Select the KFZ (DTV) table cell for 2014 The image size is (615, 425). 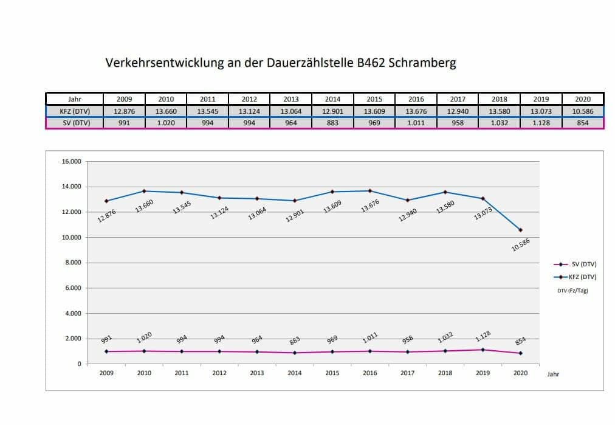(332, 111)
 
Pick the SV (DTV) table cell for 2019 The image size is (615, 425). (541, 123)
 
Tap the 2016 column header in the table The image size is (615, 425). (416, 99)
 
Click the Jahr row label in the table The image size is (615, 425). (75, 99)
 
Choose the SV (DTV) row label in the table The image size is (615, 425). (75, 123)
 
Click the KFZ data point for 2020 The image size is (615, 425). (520, 230)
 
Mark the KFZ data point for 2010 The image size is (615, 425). (144, 191)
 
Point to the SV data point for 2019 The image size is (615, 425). (483, 350)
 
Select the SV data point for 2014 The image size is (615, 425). (295, 353)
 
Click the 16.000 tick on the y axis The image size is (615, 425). (72, 162)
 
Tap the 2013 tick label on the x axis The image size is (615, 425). (256, 373)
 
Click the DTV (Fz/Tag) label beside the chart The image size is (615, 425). (572, 291)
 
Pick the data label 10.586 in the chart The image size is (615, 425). (521, 244)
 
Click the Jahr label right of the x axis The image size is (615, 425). (552, 375)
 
